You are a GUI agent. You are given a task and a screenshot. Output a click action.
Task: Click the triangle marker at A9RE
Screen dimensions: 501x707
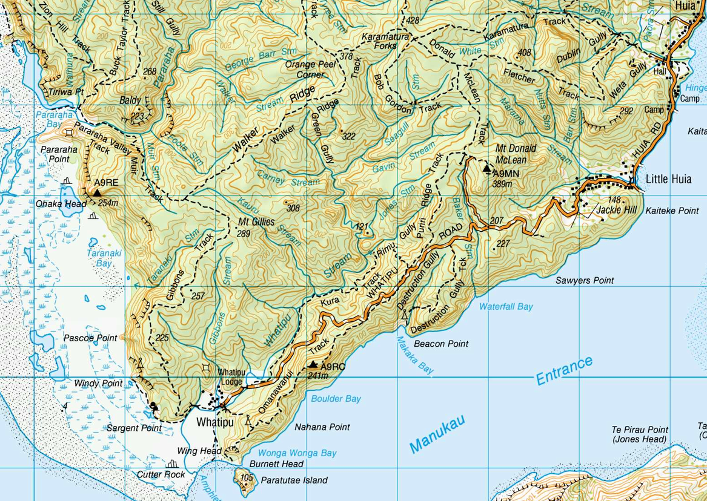point(96,192)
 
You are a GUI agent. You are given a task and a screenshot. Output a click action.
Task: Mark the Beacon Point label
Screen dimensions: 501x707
point(440,344)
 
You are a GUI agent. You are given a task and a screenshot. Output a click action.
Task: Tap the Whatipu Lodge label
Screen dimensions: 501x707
point(230,376)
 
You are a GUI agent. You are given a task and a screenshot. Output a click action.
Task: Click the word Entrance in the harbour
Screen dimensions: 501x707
point(564,370)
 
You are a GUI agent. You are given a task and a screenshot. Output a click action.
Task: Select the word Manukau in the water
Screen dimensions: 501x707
point(437,434)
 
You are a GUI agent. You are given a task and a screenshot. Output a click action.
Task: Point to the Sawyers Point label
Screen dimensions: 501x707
point(585,280)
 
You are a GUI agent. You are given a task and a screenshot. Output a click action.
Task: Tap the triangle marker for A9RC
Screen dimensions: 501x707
point(313,365)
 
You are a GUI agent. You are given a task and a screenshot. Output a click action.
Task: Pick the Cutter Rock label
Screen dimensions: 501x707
point(161,474)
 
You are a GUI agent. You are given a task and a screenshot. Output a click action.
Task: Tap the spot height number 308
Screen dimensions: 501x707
point(293,208)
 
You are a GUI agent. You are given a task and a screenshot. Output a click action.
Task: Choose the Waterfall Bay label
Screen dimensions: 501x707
point(506,307)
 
